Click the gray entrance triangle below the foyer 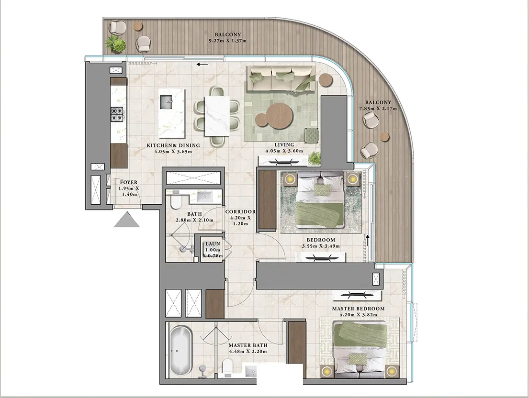(x=127, y=220)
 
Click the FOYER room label (x=128, y=182)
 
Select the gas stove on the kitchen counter (x=117, y=114)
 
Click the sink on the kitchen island (x=166, y=102)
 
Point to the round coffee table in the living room (x=274, y=116)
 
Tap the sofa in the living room (x=281, y=78)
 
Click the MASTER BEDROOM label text (x=358, y=309)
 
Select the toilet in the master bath (x=228, y=368)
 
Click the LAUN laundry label (x=213, y=243)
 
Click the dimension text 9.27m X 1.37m (x=228, y=41)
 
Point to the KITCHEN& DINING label (x=173, y=145)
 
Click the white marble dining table (x=217, y=116)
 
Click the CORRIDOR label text (x=240, y=211)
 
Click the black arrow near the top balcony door (x=203, y=64)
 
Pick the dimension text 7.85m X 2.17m (x=378, y=109)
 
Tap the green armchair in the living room (x=311, y=135)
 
